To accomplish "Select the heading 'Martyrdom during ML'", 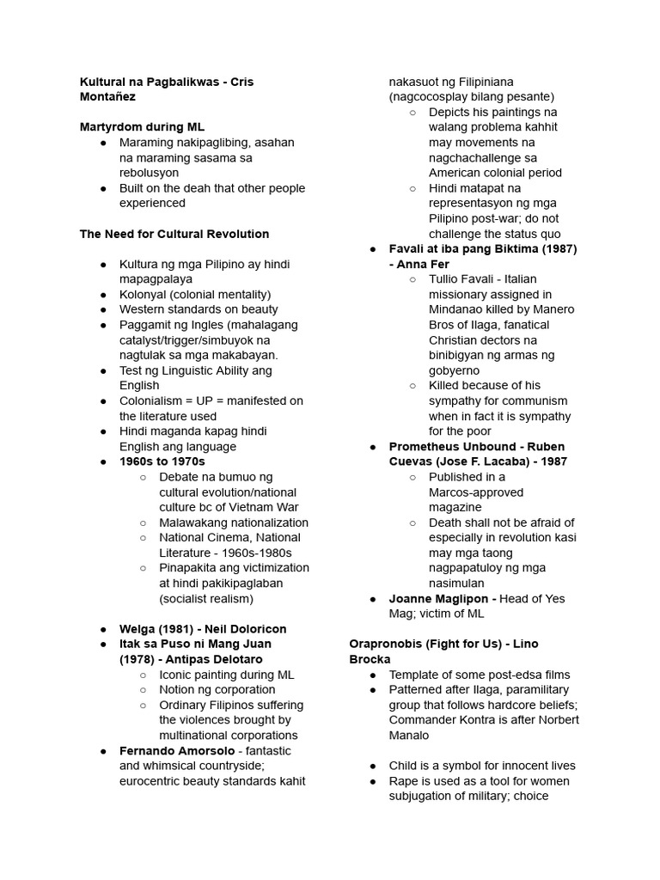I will (x=142, y=127).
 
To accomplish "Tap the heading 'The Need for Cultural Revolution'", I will (x=174, y=234).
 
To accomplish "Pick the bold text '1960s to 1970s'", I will (x=162, y=461).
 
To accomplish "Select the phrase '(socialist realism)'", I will (x=206, y=598).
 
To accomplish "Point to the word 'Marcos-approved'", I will (x=476, y=492).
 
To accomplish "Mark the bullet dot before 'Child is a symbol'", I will (x=374, y=766).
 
